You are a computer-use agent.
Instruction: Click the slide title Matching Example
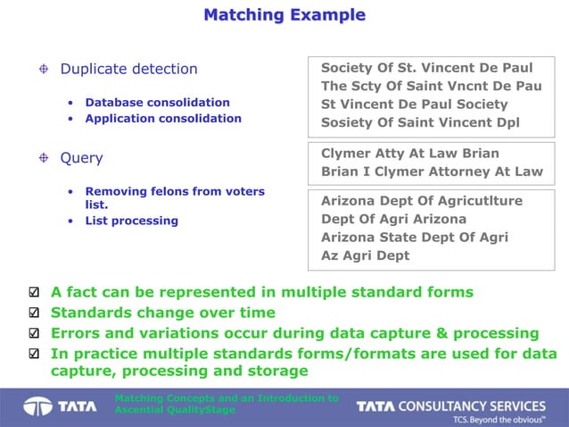[x=284, y=15]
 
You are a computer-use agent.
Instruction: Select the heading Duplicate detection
[x=128, y=69]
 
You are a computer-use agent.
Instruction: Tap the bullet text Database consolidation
[x=157, y=102]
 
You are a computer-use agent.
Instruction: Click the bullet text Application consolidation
[x=163, y=118]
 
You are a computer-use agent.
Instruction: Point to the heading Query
[x=81, y=158]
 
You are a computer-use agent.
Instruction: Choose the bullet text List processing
[x=131, y=221]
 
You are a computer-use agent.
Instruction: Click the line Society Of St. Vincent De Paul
[x=426, y=68]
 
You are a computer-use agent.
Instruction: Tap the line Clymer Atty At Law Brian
[x=410, y=153]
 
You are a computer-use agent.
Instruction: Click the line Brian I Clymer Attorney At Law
[x=432, y=171]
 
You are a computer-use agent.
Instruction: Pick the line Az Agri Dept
[x=365, y=255]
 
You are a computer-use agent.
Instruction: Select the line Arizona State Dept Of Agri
[x=415, y=237]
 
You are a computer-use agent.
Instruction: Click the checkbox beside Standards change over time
[x=34, y=314]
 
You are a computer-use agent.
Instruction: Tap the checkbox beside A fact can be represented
[x=34, y=293]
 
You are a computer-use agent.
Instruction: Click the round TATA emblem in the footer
[x=37, y=406]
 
